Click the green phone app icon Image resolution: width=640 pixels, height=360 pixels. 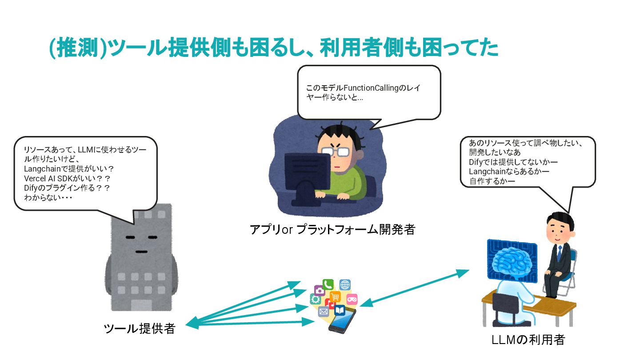(x=328, y=284)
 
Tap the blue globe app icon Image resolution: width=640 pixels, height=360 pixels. (x=345, y=284)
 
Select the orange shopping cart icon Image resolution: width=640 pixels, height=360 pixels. (x=335, y=296)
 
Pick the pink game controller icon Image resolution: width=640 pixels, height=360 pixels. (x=352, y=299)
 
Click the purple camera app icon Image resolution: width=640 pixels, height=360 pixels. (x=319, y=291)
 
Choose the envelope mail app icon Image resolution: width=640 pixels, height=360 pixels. (x=323, y=312)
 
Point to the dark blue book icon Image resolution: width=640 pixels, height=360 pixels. (x=340, y=310)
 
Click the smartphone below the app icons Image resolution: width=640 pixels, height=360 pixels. (x=342, y=322)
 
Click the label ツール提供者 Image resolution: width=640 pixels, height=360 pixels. (x=139, y=329)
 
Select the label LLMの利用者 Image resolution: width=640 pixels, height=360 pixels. (x=528, y=340)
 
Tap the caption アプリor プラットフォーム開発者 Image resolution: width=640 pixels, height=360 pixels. (x=332, y=230)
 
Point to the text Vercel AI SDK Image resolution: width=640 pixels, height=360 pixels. (x=54, y=178)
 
